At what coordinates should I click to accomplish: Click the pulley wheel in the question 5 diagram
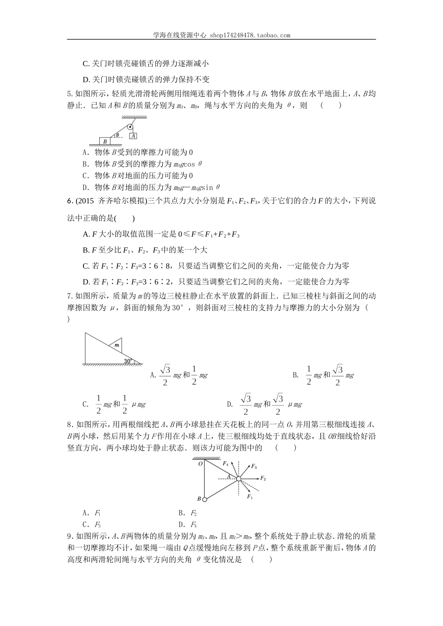click(130, 126)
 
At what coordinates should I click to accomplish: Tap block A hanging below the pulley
click(133, 136)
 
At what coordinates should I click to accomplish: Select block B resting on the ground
click(105, 140)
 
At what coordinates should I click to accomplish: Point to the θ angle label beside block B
click(118, 135)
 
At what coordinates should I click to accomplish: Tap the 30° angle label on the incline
click(128, 360)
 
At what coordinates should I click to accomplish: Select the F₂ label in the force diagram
click(263, 478)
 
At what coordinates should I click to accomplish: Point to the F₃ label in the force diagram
click(254, 466)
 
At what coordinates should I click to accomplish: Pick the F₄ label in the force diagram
click(226, 463)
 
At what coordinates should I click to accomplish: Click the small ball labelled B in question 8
click(204, 499)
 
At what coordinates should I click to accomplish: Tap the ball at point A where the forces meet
click(238, 478)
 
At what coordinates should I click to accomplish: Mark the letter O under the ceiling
click(200, 463)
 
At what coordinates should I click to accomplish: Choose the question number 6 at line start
click(69, 201)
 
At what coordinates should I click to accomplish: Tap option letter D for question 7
click(229, 404)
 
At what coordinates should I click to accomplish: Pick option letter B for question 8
click(181, 513)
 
